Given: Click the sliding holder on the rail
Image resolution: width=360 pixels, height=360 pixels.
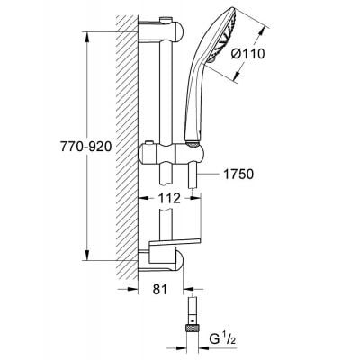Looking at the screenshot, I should pyautogui.click(x=166, y=153).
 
